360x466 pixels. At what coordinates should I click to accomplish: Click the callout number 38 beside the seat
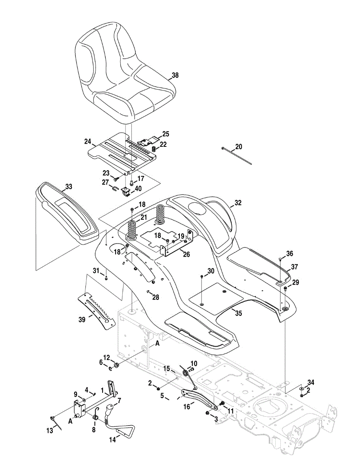175,76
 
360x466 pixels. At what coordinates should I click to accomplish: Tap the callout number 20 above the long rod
238,146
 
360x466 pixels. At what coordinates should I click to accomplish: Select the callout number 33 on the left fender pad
68,187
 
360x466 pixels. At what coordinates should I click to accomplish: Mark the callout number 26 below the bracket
186,254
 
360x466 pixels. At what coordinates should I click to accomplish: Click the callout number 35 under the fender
238,313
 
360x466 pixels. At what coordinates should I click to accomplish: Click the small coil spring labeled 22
153,149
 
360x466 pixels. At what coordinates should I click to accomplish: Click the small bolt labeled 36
280,259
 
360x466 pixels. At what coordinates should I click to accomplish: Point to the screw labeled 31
106,278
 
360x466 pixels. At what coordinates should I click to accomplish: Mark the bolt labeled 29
285,289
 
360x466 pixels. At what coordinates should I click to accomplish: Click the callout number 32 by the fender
238,202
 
